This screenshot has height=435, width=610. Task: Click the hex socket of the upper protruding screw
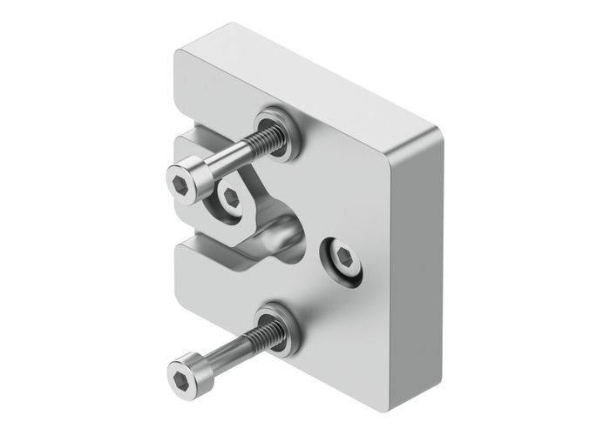click(181, 184)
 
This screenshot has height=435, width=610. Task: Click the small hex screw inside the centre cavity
click(231, 197)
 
